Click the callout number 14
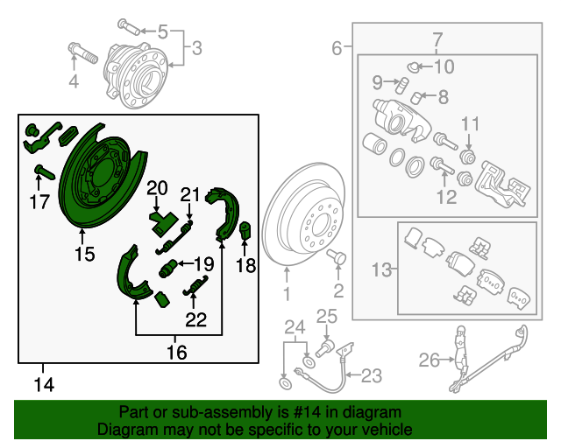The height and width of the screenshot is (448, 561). [42, 382]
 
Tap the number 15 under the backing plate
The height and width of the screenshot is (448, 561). [83, 255]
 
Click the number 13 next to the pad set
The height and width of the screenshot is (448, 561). [380, 271]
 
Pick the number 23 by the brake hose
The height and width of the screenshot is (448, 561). [371, 376]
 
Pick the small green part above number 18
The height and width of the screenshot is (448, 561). [246, 232]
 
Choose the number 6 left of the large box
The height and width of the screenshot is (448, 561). [337, 49]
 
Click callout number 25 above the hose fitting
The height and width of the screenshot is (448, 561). [326, 317]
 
